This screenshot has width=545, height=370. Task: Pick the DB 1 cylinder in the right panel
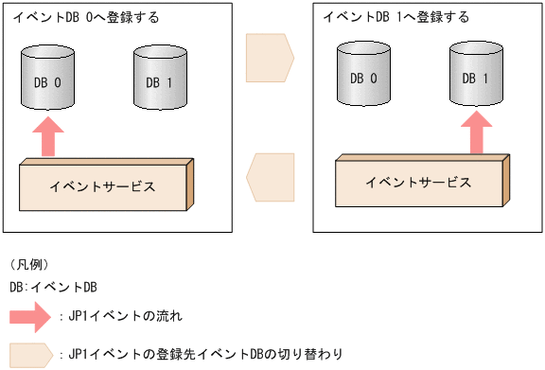point(474,76)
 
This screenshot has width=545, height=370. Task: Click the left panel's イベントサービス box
point(104,185)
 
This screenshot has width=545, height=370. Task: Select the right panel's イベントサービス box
point(415,182)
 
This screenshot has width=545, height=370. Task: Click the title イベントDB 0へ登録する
point(84,17)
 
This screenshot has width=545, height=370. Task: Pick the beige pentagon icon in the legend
point(28,354)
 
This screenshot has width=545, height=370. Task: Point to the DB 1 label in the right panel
point(474,78)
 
